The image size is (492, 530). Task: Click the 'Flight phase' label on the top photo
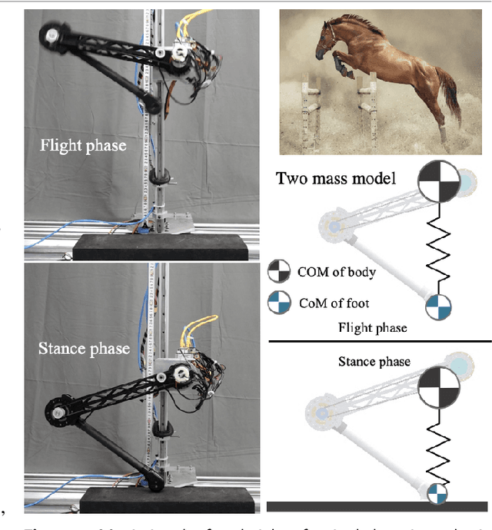(82, 146)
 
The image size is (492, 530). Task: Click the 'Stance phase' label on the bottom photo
(85, 348)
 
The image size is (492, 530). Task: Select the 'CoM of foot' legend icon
(279, 303)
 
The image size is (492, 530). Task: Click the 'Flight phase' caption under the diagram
(373, 328)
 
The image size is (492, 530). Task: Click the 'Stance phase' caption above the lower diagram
(375, 361)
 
